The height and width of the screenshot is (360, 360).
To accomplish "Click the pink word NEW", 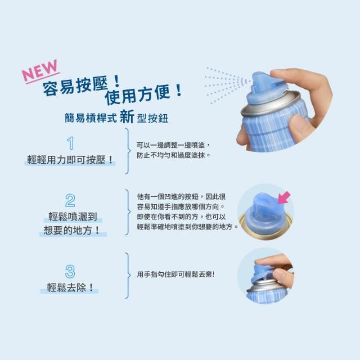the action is click(x=40, y=70).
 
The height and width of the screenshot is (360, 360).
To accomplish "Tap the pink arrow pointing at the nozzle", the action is click(x=283, y=198).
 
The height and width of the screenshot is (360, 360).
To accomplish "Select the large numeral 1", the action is click(x=71, y=143).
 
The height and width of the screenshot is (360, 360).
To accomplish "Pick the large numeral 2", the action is click(x=70, y=201).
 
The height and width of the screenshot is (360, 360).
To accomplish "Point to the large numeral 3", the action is click(x=70, y=272).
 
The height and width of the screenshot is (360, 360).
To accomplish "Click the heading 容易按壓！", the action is click(x=82, y=85).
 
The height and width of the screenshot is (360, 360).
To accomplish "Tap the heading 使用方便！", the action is click(x=143, y=94).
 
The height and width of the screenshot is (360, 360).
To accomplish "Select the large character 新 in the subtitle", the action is click(x=127, y=116).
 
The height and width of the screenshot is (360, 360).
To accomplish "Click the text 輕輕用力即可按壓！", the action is click(x=70, y=160).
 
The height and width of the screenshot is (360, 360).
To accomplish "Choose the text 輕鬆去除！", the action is click(x=70, y=287).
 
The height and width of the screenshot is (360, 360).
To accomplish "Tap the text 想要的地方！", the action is click(x=71, y=230).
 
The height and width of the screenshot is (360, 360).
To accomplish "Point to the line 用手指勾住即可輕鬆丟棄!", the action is click(x=175, y=274).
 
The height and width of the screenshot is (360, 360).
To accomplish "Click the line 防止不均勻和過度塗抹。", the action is click(x=174, y=155).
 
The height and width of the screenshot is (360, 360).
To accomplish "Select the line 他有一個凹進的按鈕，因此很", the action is click(x=181, y=196).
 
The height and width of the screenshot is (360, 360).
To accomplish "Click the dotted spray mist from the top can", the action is click(x=227, y=85).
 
